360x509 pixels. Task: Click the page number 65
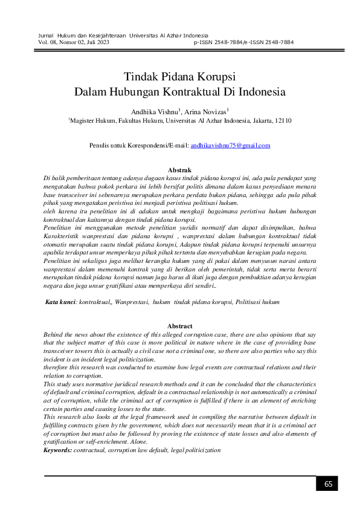click(328, 484)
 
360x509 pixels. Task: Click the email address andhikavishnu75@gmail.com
click(230, 146)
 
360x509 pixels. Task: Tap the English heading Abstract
click(179, 326)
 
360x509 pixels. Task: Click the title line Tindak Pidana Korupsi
click(179, 78)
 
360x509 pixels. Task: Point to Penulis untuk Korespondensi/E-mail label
click(139, 146)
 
